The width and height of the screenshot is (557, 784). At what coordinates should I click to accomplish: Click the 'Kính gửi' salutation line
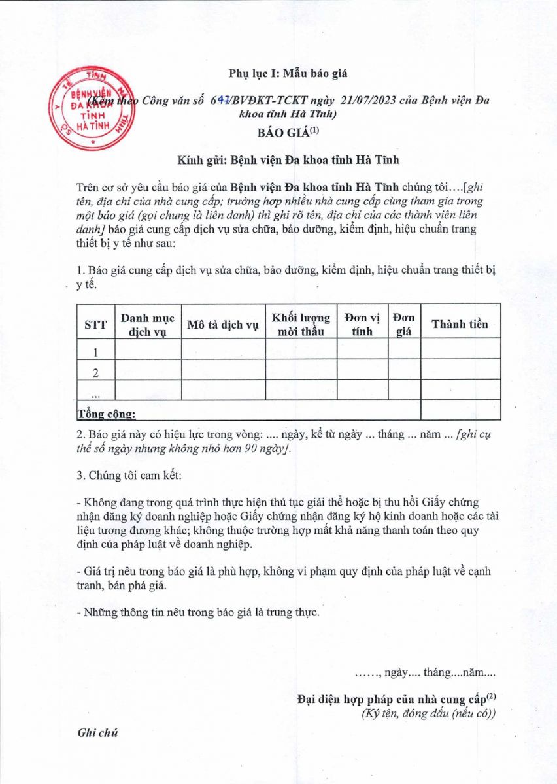tap(288, 159)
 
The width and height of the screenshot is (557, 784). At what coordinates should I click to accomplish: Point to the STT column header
tap(95, 325)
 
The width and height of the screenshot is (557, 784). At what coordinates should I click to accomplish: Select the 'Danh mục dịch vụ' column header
tap(148, 325)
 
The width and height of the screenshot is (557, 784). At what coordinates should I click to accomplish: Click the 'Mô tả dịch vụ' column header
tap(223, 325)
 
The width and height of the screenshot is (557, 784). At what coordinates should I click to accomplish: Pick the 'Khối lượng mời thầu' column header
tap(301, 325)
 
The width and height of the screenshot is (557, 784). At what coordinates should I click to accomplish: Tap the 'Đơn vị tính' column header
tap(362, 325)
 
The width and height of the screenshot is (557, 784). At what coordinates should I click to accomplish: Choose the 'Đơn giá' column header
tap(404, 325)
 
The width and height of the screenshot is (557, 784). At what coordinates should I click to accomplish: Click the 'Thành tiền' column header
tap(460, 325)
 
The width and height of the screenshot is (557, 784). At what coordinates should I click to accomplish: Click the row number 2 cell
tap(95, 373)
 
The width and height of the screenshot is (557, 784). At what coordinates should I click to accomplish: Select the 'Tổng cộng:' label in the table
tap(107, 414)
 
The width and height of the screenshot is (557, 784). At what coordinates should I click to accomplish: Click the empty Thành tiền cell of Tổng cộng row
tap(460, 410)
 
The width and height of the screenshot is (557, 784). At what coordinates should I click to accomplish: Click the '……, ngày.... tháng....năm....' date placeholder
tap(425, 672)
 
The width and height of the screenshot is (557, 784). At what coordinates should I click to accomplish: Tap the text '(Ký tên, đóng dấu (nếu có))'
tap(428, 713)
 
